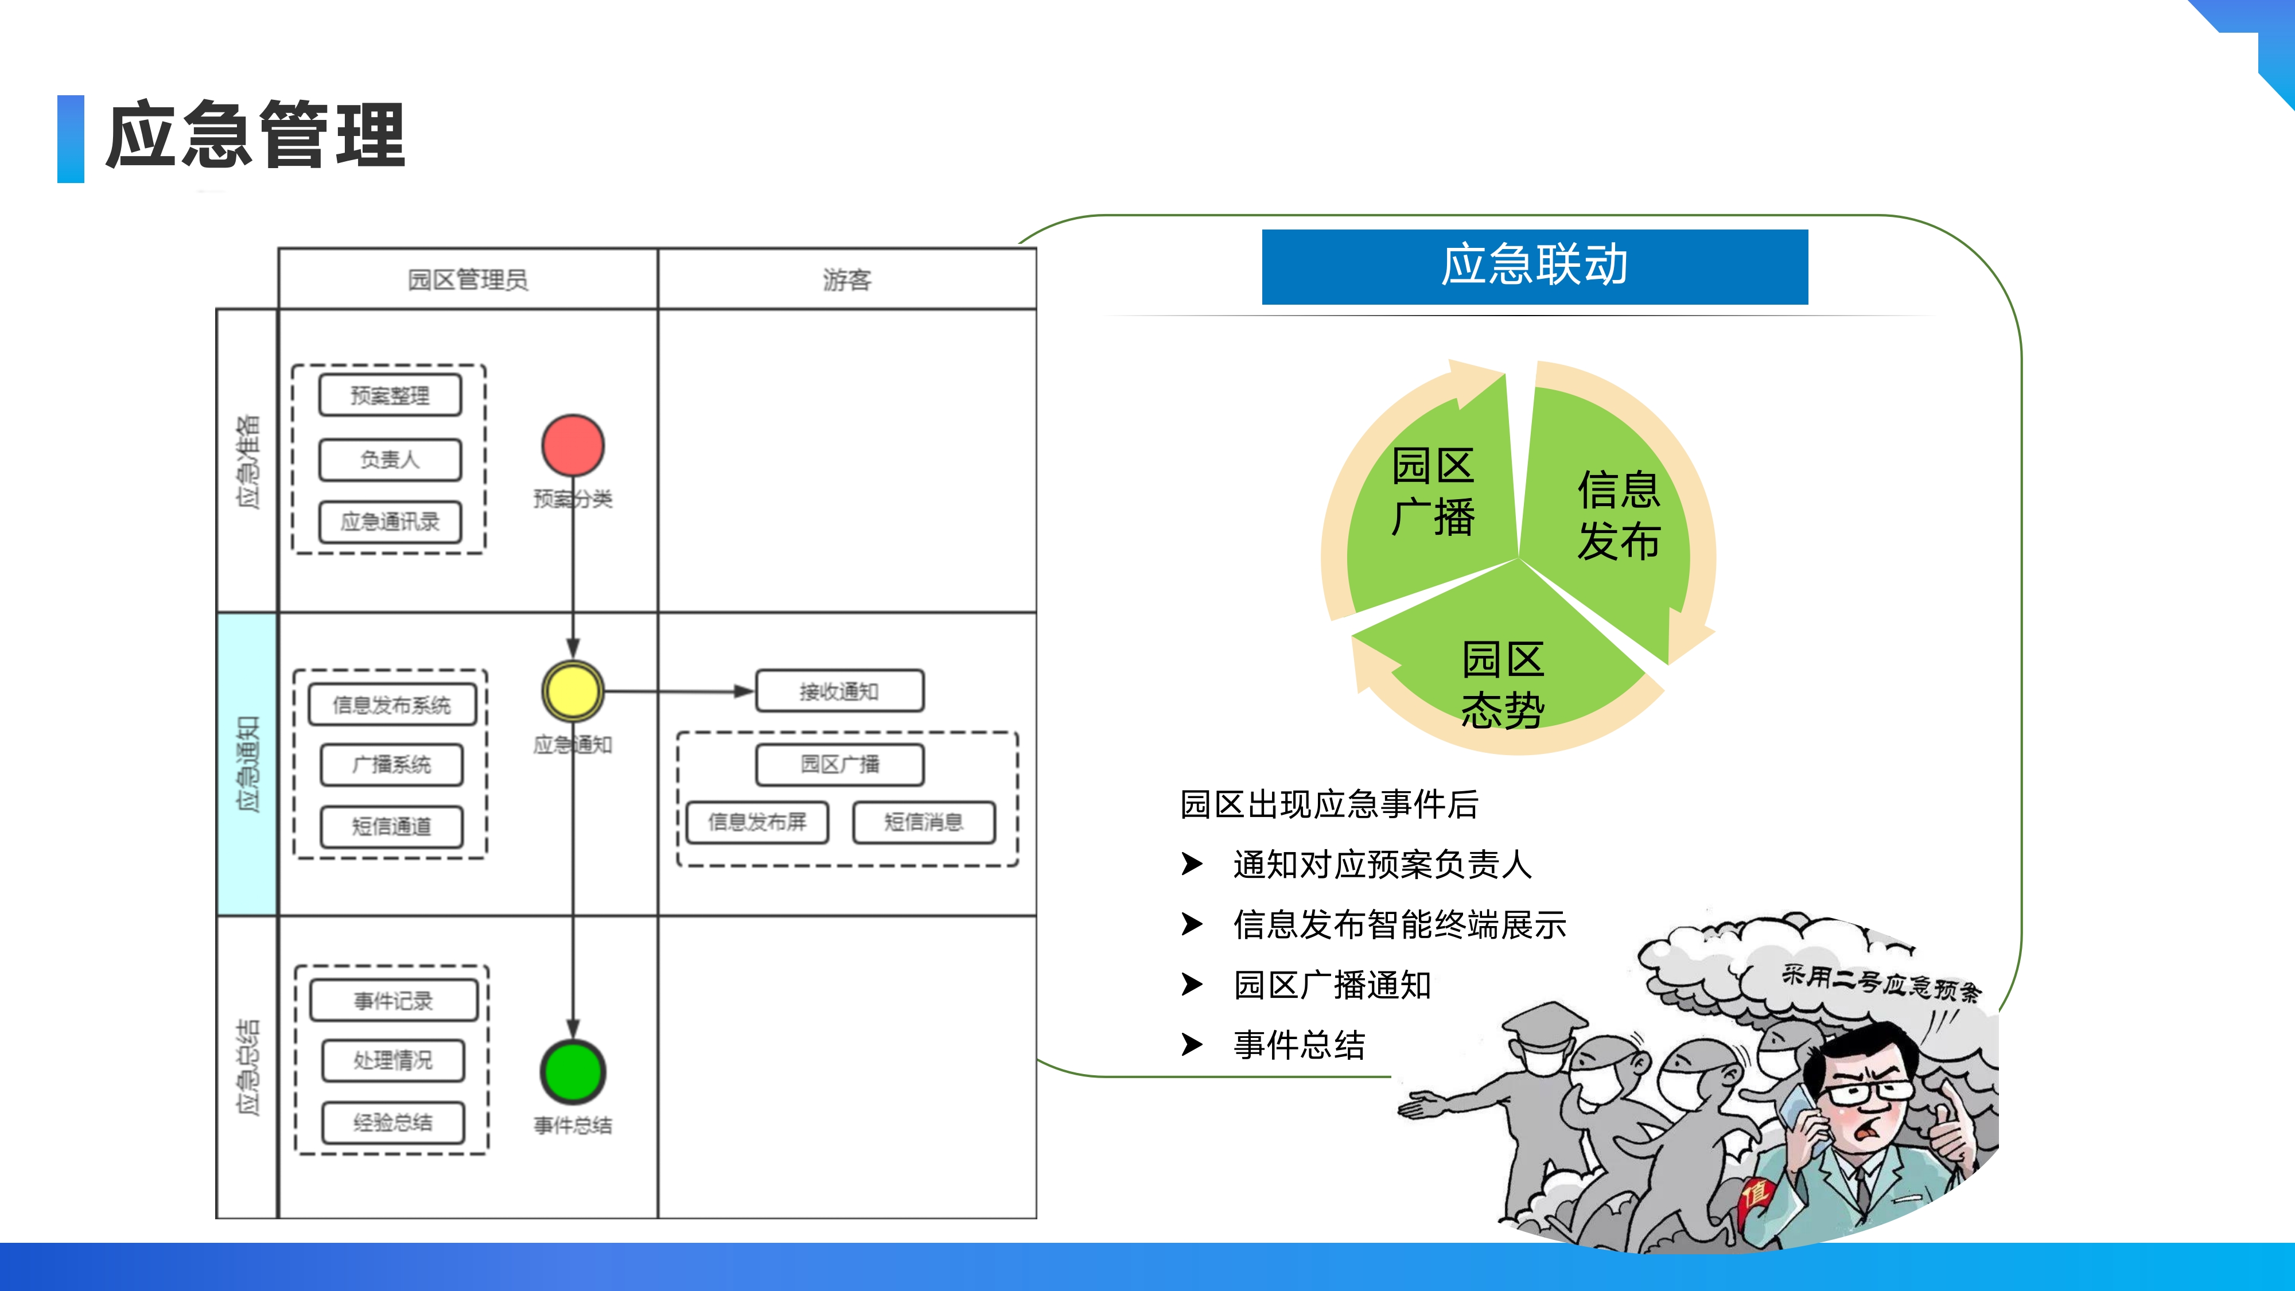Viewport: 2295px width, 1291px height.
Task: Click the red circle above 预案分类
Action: click(573, 445)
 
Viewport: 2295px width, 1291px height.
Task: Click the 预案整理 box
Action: click(390, 395)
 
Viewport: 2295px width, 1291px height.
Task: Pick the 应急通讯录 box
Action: click(390, 522)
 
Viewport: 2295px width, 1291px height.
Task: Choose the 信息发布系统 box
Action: click(392, 705)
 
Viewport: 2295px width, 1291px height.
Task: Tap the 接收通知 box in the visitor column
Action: click(839, 691)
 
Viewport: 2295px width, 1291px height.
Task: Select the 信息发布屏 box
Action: click(757, 822)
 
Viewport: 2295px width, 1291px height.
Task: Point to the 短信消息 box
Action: click(924, 822)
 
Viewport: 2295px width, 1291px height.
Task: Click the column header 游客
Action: click(846, 280)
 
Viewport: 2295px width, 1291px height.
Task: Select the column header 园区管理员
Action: click(468, 280)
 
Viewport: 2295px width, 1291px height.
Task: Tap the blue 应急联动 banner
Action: click(1534, 266)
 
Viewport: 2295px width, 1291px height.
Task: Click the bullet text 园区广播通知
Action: click(1332, 985)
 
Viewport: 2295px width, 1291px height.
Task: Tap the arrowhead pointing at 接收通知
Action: click(744, 691)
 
